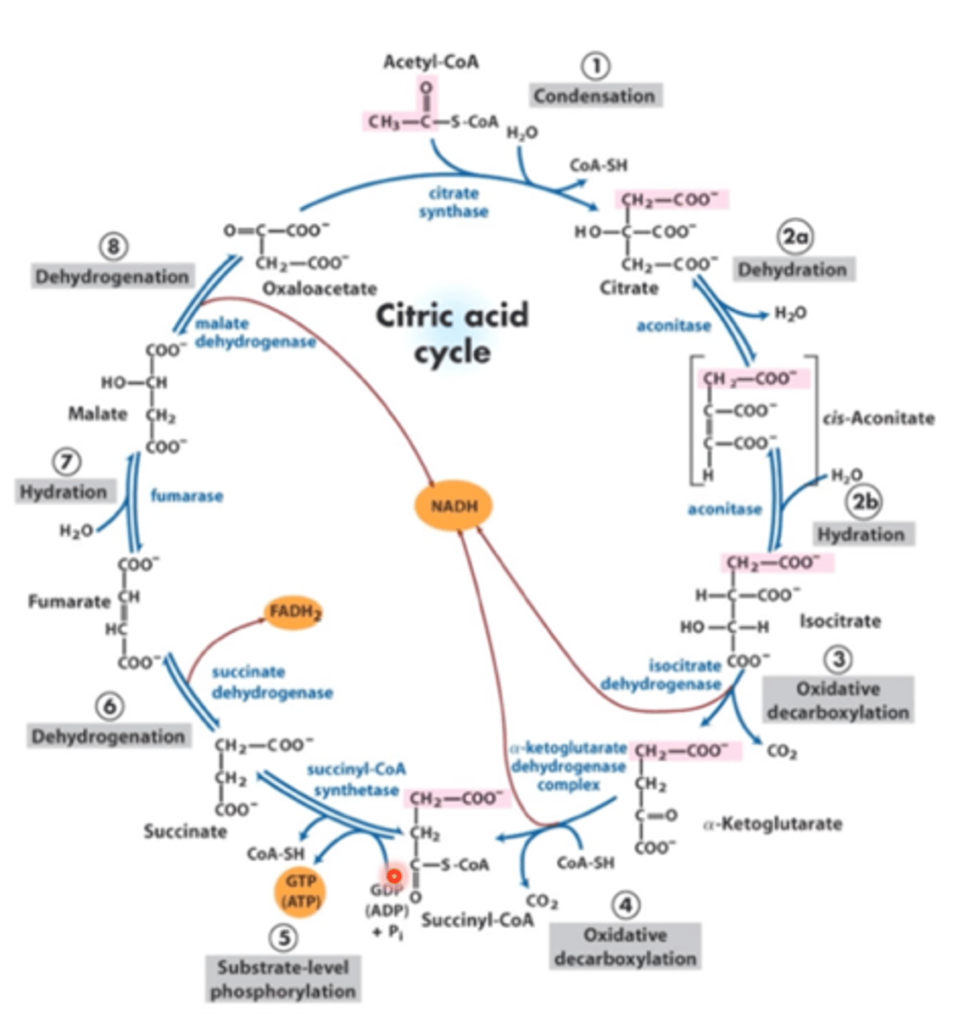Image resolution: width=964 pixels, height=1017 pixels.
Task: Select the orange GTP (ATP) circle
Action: (x=298, y=892)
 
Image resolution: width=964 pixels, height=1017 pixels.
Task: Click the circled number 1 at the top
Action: (x=596, y=65)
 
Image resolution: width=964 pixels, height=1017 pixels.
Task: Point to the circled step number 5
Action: (x=283, y=937)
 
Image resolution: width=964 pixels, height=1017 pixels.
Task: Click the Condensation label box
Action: (x=594, y=96)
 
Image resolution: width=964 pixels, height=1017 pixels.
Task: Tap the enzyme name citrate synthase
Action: (x=454, y=202)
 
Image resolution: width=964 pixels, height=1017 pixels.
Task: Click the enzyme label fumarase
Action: (x=187, y=496)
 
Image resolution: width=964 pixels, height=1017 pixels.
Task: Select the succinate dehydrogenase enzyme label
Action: (x=271, y=682)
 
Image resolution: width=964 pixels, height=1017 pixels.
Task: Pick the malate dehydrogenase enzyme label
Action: (x=254, y=332)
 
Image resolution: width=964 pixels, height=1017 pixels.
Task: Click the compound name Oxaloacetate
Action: (x=320, y=289)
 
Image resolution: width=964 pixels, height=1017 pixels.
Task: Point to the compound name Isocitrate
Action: (x=839, y=621)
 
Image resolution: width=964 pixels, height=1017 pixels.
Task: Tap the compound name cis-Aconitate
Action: (x=878, y=418)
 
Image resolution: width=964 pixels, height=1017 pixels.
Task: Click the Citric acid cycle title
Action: (x=452, y=332)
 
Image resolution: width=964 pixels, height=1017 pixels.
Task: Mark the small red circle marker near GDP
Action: (x=393, y=876)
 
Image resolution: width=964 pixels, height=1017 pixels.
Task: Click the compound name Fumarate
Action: (x=69, y=602)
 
